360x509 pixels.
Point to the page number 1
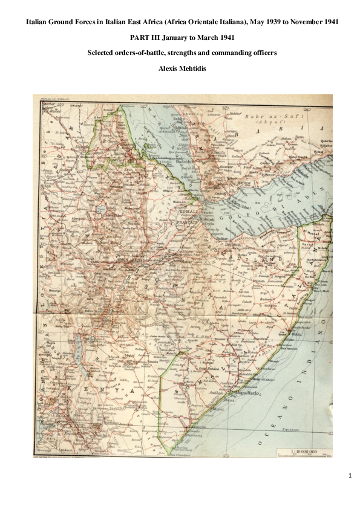tap(350, 476)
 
